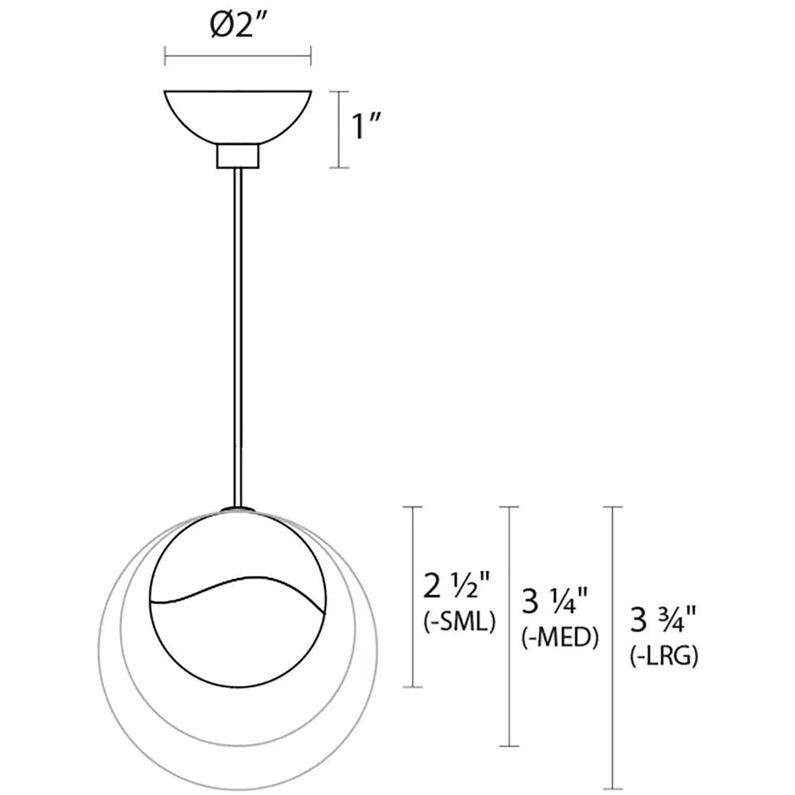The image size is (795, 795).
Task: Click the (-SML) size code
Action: (x=459, y=622)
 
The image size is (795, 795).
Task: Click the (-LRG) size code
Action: (x=664, y=657)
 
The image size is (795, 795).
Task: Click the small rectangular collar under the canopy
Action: (x=238, y=156)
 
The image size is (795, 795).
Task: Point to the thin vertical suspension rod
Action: (x=238, y=338)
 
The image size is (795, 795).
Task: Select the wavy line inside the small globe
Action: (x=236, y=589)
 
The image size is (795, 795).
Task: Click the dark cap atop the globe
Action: (x=238, y=508)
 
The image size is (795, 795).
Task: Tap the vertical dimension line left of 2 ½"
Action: (x=412, y=596)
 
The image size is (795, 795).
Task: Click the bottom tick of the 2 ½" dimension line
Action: (x=412, y=686)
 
